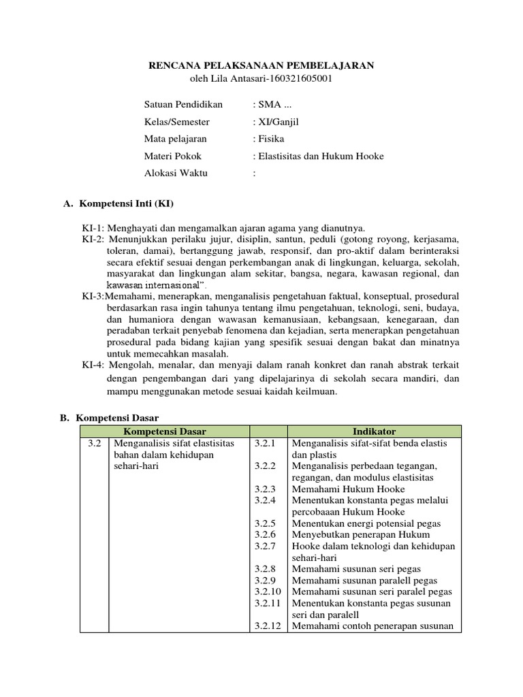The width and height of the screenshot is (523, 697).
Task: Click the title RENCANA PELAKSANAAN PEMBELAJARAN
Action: pos(261,65)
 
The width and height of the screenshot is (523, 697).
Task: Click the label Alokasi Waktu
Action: pos(176,173)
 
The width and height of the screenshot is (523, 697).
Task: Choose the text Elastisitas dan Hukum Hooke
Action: pos(320,156)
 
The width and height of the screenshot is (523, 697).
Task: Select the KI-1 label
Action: pos(93,227)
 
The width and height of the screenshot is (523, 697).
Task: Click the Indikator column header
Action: pos(374,432)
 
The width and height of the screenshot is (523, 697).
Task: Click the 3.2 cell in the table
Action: pos(94,444)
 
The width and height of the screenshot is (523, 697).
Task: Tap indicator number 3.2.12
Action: pos(266,626)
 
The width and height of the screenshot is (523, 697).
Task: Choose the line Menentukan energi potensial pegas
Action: pos(366,524)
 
